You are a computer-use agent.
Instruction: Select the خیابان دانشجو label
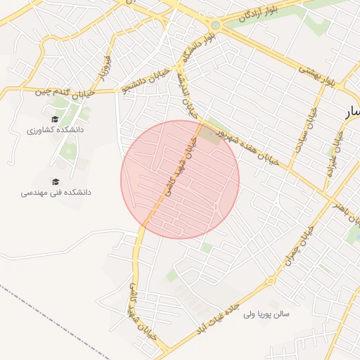pyautogui.click(x=146, y=80)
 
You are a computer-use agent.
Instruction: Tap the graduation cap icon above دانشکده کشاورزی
pyautogui.click(x=55, y=119)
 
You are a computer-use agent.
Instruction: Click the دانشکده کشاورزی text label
pyautogui.click(x=55, y=130)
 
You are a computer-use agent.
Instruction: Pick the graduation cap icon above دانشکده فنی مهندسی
pyautogui.click(x=56, y=181)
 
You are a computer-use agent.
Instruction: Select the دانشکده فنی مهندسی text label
pyautogui.click(x=56, y=192)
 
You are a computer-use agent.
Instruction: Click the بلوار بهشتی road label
pyautogui.click(x=326, y=77)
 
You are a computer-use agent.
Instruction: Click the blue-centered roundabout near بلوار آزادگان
pyautogui.click(x=215, y=26)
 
